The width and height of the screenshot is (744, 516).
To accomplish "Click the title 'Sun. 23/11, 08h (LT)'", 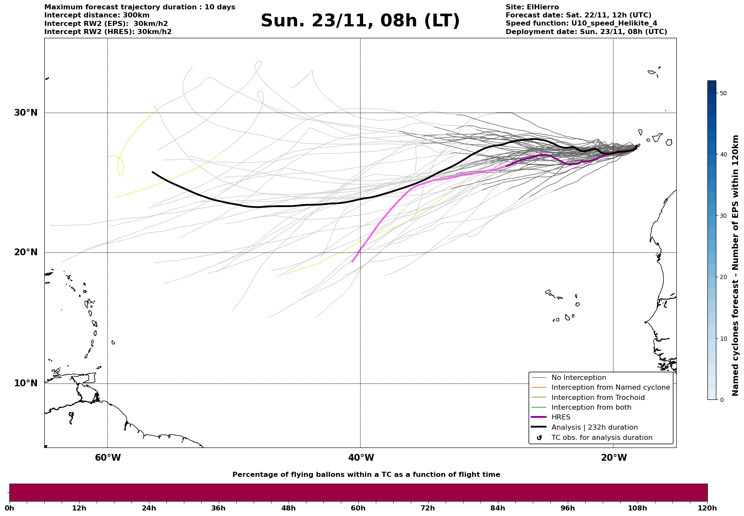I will coord(360,21).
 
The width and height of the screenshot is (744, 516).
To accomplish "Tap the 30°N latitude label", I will coord(26,113).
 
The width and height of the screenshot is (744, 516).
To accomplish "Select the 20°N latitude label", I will coord(26,253).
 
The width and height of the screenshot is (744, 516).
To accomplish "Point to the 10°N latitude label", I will coord(26,384).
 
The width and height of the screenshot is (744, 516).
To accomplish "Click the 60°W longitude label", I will coord(108,458).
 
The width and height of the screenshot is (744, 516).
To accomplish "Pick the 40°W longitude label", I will coord(361,458).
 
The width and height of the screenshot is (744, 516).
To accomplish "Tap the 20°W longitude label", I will coord(614,458).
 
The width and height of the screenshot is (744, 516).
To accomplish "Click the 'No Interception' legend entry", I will coord(578,378).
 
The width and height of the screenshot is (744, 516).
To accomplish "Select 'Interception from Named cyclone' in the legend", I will coord(610,388).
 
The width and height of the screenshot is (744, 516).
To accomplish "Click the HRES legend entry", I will coord(561,418).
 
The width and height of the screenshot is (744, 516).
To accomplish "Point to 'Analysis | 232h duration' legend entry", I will coord(594,428).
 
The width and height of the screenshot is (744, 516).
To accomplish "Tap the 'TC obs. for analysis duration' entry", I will coord(601,438).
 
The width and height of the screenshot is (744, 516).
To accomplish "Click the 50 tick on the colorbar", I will coord(722,93).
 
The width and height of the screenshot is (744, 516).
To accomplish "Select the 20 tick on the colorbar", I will coord(722,277).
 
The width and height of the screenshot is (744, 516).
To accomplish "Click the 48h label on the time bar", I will coord(288,508).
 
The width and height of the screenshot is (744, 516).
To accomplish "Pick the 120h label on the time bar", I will coord(707,508).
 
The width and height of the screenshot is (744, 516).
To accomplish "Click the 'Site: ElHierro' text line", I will coord(532,7).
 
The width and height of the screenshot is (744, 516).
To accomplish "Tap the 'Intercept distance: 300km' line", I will coord(97,15).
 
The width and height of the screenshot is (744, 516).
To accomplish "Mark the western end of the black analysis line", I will coord(153,172).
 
